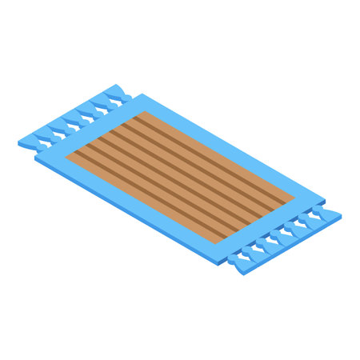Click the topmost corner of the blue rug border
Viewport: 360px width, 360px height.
(x=143, y=94)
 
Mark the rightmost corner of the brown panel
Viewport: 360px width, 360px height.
(x=294, y=197)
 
